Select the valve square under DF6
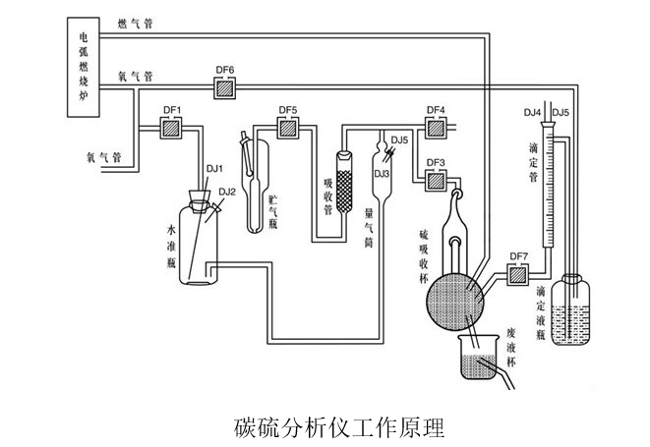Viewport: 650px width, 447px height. (x=224, y=87)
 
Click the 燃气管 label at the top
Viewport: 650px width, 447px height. (x=134, y=19)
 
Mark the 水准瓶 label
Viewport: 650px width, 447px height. (x=170, y=245)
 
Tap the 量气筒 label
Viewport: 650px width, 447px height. (x=370, y=220)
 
